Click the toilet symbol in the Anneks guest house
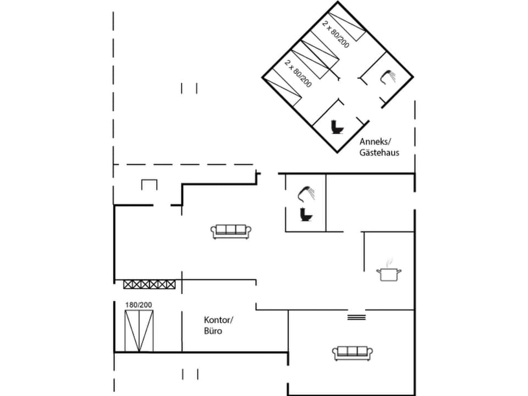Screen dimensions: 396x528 tap(337, 128)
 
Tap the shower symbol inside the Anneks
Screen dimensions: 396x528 tap(388, 77)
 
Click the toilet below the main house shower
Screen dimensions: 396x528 tap(306, 215)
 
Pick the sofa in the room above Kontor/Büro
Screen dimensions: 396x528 tap(232, 231)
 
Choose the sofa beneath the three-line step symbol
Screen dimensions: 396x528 tap(353, 352)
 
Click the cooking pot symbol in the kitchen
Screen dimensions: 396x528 tap(389, 274)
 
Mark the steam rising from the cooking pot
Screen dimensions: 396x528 tap(389, 261)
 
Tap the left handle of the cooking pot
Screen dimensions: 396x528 tap(379, 271)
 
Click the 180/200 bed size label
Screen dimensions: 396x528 tap(138, 305)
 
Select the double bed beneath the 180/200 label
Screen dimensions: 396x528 tap(139, 331)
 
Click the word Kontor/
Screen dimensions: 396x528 tap(219, 320)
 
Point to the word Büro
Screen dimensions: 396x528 tap(213, 332)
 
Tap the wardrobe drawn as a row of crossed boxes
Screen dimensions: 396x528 tap(150, 284)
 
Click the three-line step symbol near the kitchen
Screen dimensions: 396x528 tap(356, 317)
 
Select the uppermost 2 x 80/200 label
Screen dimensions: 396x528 tap(335, 34)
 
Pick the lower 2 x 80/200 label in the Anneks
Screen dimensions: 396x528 tap(298, 73)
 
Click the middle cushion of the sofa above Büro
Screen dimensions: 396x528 tap(232, 230)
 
